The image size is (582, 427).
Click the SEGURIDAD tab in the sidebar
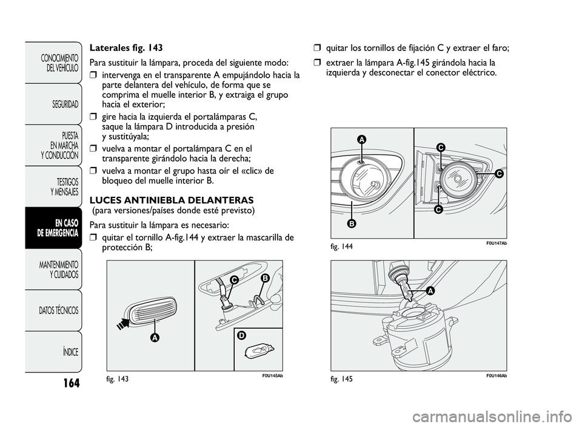63,104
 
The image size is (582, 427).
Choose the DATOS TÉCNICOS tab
58,310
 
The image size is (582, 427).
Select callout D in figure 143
241,335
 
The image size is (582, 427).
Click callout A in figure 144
361,140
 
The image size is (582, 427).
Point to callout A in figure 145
429,291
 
